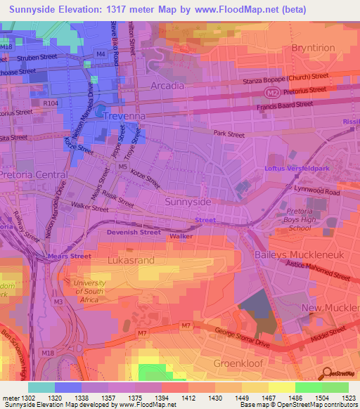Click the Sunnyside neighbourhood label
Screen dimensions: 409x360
pos(187,202)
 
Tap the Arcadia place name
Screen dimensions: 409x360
pos(167,86)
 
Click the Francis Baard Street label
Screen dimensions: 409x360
pos(284,105)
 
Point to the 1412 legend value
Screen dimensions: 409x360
pos(188,398)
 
